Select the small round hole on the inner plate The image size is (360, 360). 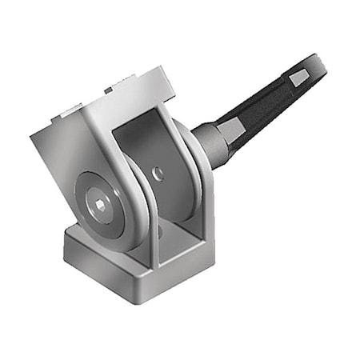pyautogui.click(x=158, y=172)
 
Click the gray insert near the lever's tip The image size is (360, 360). pyautogui.click(x=298, y=78)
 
